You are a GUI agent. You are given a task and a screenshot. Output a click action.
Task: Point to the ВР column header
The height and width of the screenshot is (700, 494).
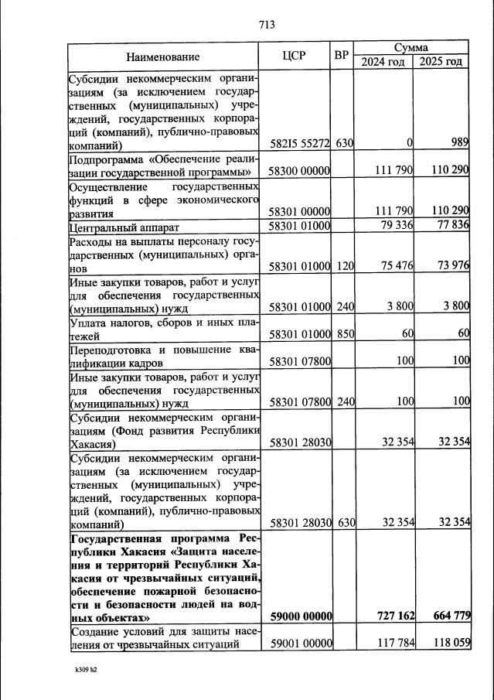coord(341,56)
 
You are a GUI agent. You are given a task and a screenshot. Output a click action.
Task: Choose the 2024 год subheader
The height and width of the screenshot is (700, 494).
coord(383,62)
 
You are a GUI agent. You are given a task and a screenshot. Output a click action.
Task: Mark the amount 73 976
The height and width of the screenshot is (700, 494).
coord(450,265)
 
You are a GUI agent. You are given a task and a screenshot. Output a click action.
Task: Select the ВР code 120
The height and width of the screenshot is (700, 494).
coord(345,266)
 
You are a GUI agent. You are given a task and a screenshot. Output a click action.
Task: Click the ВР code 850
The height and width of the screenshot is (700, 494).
coord(345,334)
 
